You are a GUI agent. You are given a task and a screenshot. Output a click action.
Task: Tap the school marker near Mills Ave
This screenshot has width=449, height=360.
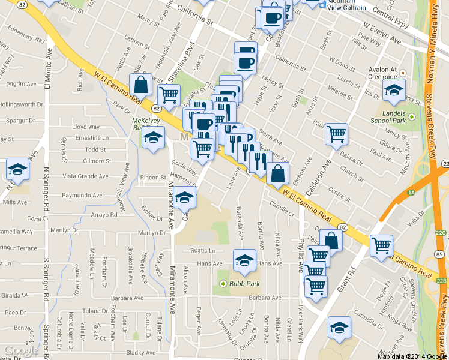pyautogui.click(x=17, y=170)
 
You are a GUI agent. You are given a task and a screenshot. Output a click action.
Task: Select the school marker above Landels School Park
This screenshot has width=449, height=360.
pyautogui.click(x=394, y=91)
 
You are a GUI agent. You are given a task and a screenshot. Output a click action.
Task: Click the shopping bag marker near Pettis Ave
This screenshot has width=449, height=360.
pyautogui.click(x=140, y=84)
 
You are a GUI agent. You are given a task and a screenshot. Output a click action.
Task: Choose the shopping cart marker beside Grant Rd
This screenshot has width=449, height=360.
pyautogui.click(x=382, y=245)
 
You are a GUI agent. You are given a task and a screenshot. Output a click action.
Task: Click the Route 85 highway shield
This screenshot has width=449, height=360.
pyautogui.click(x=440, y=254)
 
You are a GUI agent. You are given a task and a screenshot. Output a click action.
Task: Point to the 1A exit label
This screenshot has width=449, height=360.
pyautogui.click(x=411, y=193)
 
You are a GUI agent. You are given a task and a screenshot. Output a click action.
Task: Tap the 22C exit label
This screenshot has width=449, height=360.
pyautogui.click(x=441, y=233)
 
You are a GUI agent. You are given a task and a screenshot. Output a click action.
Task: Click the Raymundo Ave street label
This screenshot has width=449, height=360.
pyautogui.click(x=80, y=196)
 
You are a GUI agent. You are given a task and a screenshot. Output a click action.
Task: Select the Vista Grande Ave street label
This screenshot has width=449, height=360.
pyautogui.click(x=86, y=176)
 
